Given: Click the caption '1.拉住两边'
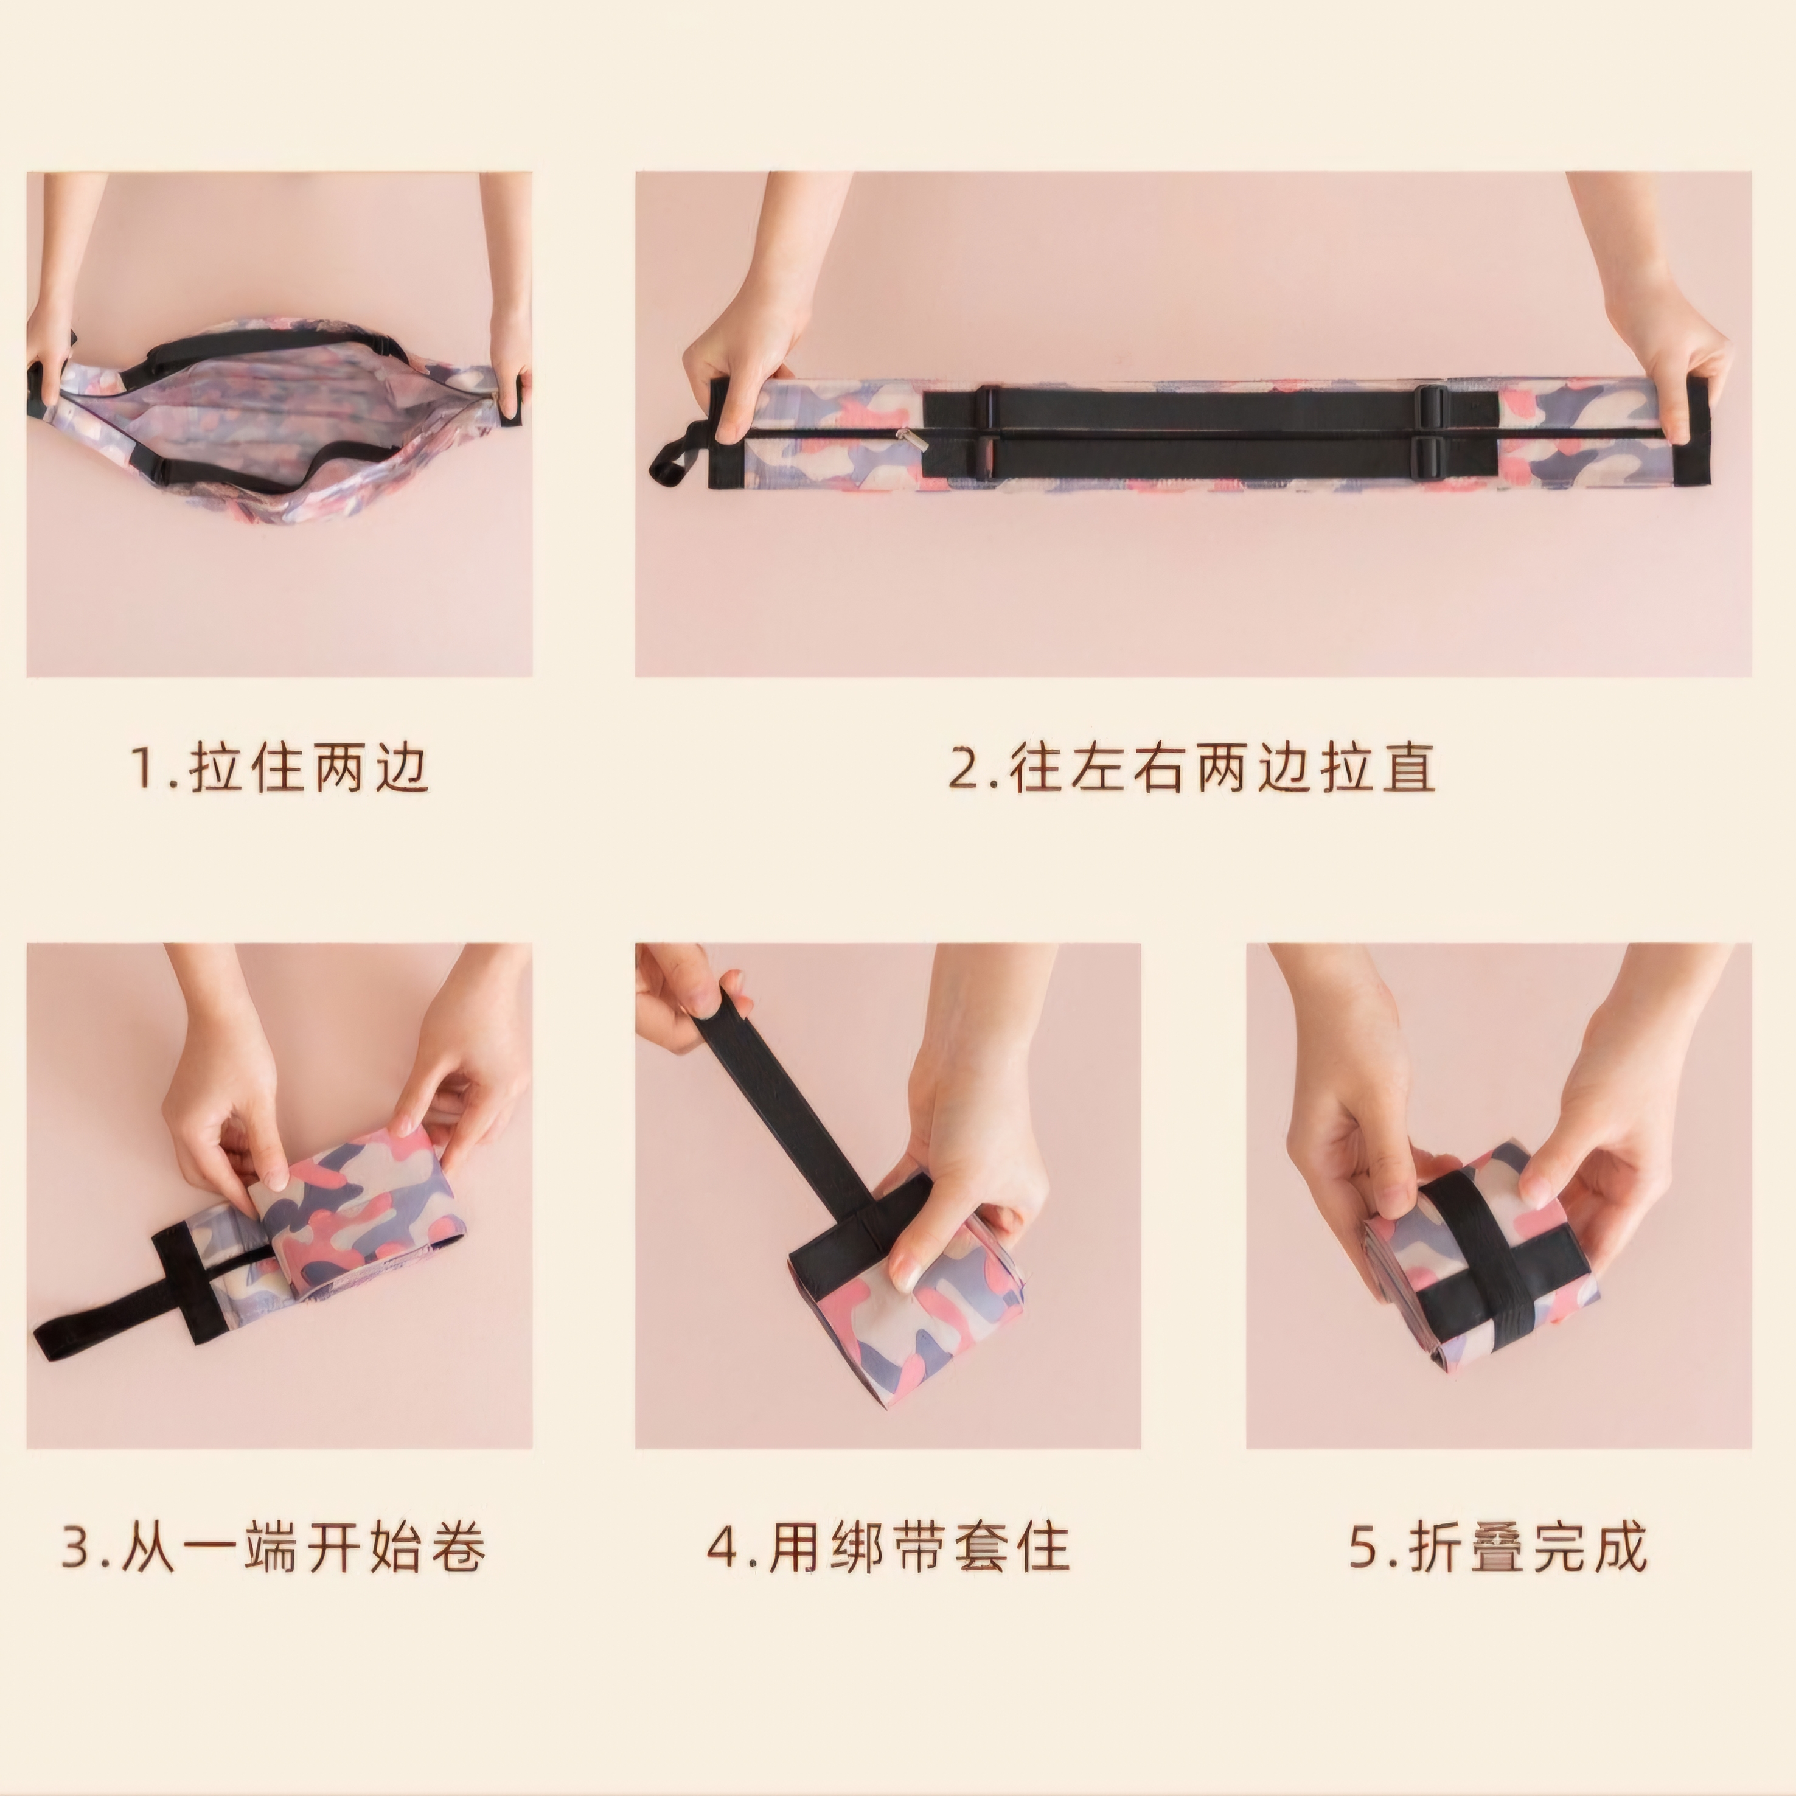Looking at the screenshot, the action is [x=280, y=768].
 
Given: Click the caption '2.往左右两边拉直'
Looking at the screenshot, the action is [x=1192, y=768].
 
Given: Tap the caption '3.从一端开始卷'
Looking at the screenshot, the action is [x=274, y=1546].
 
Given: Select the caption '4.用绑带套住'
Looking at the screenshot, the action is [x=888, y=1546].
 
